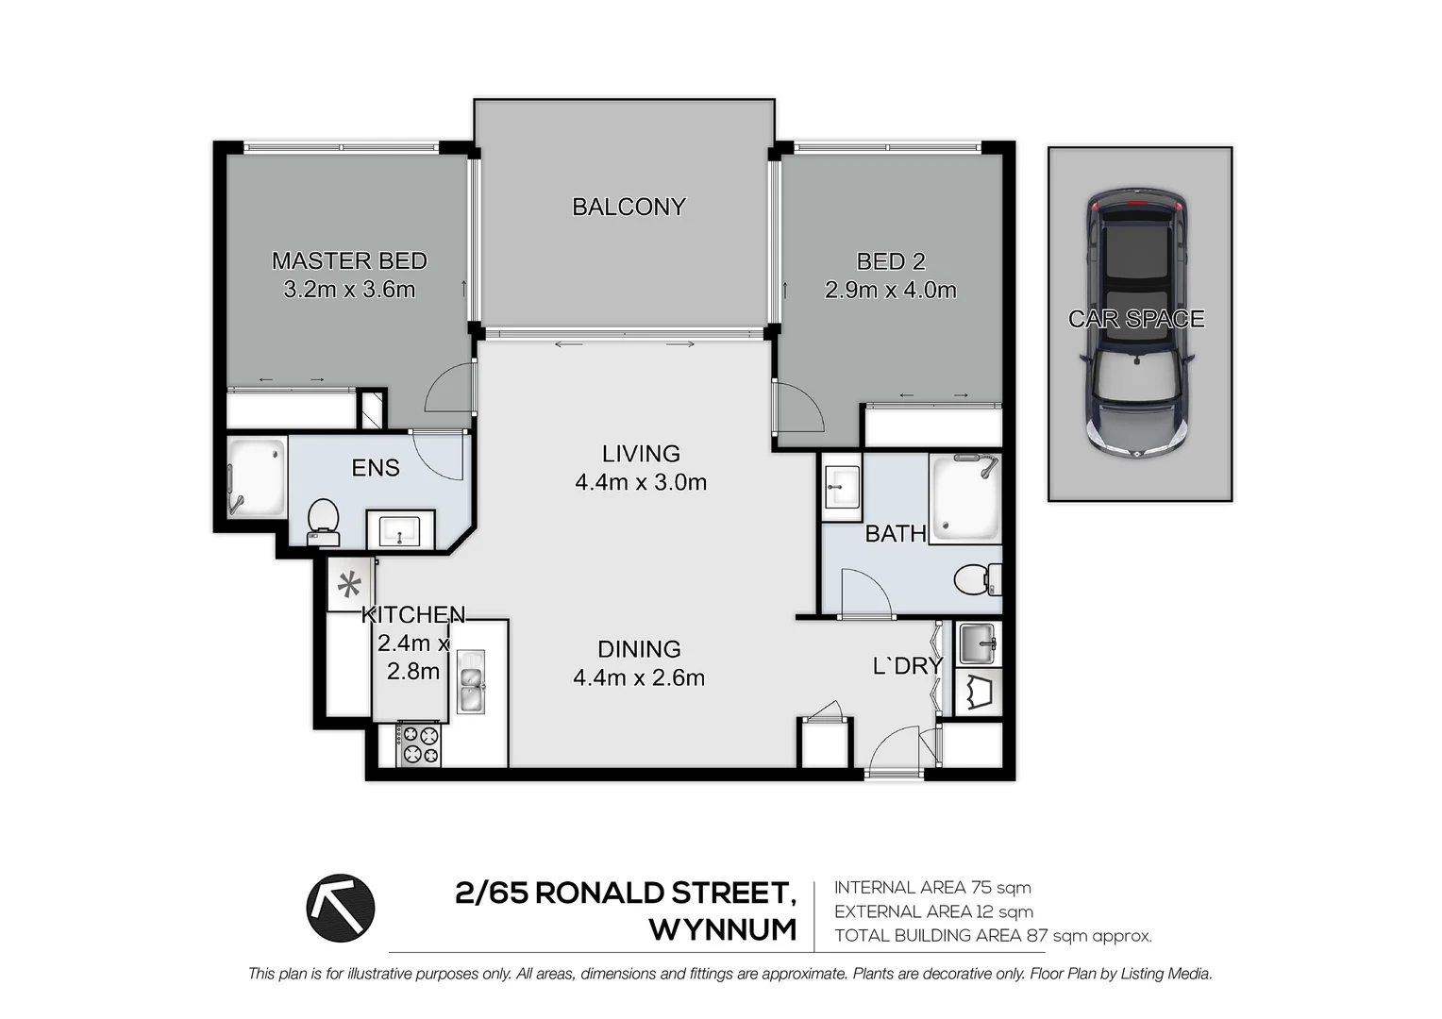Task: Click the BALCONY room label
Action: pos(629,207)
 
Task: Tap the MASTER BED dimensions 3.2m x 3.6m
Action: pos(349,290)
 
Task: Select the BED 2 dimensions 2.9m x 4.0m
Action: pos(890,291)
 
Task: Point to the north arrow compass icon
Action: pos(341,908)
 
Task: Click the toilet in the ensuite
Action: pos(323,521)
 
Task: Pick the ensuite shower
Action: pos(257,476)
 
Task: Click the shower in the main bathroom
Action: pos(964,498)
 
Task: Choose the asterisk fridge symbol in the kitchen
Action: pos(349,585)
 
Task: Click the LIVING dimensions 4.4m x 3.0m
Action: pos(641,483)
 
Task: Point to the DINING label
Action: pos(639,649)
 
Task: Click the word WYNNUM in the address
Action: pos(722,930)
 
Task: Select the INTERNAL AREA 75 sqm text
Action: pos(932,888)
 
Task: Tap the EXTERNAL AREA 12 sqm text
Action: pos(933,911)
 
